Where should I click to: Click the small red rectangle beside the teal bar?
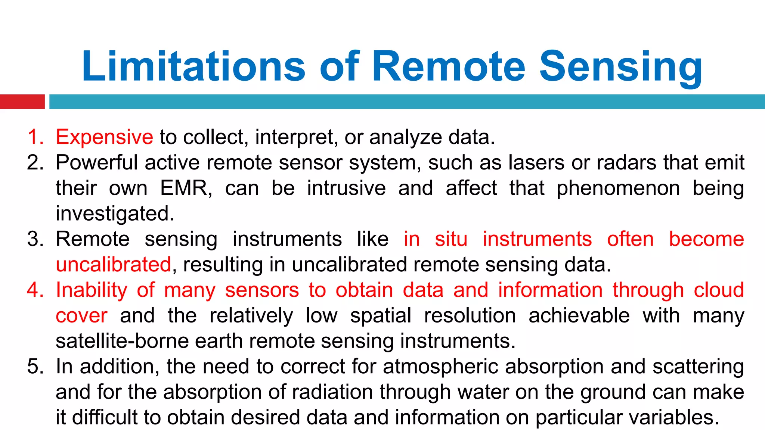pyautogui.click(x=22, y=102)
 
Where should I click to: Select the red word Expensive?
pyautogui.click(x=104, y=137)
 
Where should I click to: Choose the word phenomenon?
pyautogui.click(x=618, y=188)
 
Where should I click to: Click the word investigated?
pyautogui.click(x=115, y=214)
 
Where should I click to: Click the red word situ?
pyautogui.click(x=451, y=239)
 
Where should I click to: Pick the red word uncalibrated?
pyautogui.click(x=113, y=265)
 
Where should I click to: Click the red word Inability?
pyautogui.click(x=92, y=290)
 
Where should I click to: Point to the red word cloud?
pyautogui.click(x=719, y=290)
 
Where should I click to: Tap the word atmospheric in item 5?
pyautogui.click(x=441, y=367)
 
